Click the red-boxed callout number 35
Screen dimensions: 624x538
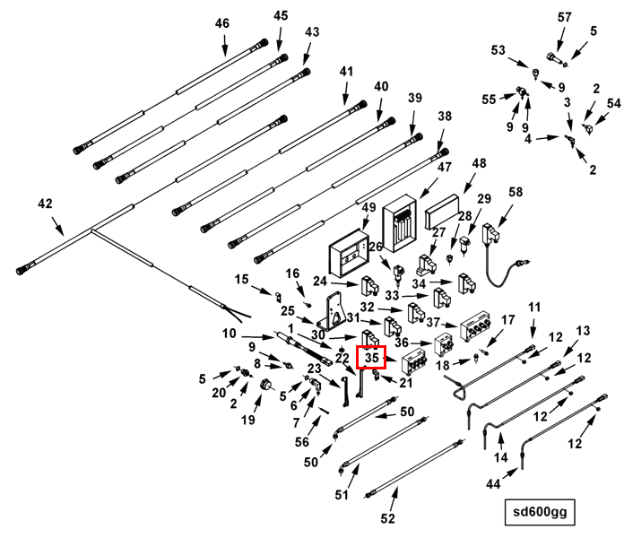pyautogui.click(x=371, y=358)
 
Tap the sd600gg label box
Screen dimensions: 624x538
pyautogui.click(x=540, y=512)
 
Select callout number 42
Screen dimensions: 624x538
pyautogui.click(x=45, y=204)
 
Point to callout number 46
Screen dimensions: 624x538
pyautogui.click(x=222, y=23)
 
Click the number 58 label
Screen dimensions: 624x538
pyautogui.click(x=516, y=192)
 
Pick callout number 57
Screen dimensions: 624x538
pyautogui.click(x=564, y=17)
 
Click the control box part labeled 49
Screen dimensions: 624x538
pyautogui.click(x=349, y=254)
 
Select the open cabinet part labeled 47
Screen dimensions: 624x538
pyautogui.click(x=400, y=223)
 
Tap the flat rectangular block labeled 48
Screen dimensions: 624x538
pyautogui.click(x=442, y=212)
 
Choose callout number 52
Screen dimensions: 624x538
pyautogui.click(x=387, y=518)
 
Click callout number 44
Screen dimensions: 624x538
pyautogui.click(x=493, y=484)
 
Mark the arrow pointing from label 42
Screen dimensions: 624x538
pyautogui.click(x=57, y=227)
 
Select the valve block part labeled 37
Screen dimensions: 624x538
pyautogui.click(x=475, y=325)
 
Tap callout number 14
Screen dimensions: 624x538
pyautogui.click(x=500, y=457)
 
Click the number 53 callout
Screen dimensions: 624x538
pyautogui.click(x=498, y=50)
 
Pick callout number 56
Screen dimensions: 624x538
pyautogui.click(x=302, y=442)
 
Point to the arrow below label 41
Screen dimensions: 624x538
pyautogui.click(x=345, y=93)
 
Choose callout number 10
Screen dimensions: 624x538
pyautogui.click(x=229, y=334)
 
